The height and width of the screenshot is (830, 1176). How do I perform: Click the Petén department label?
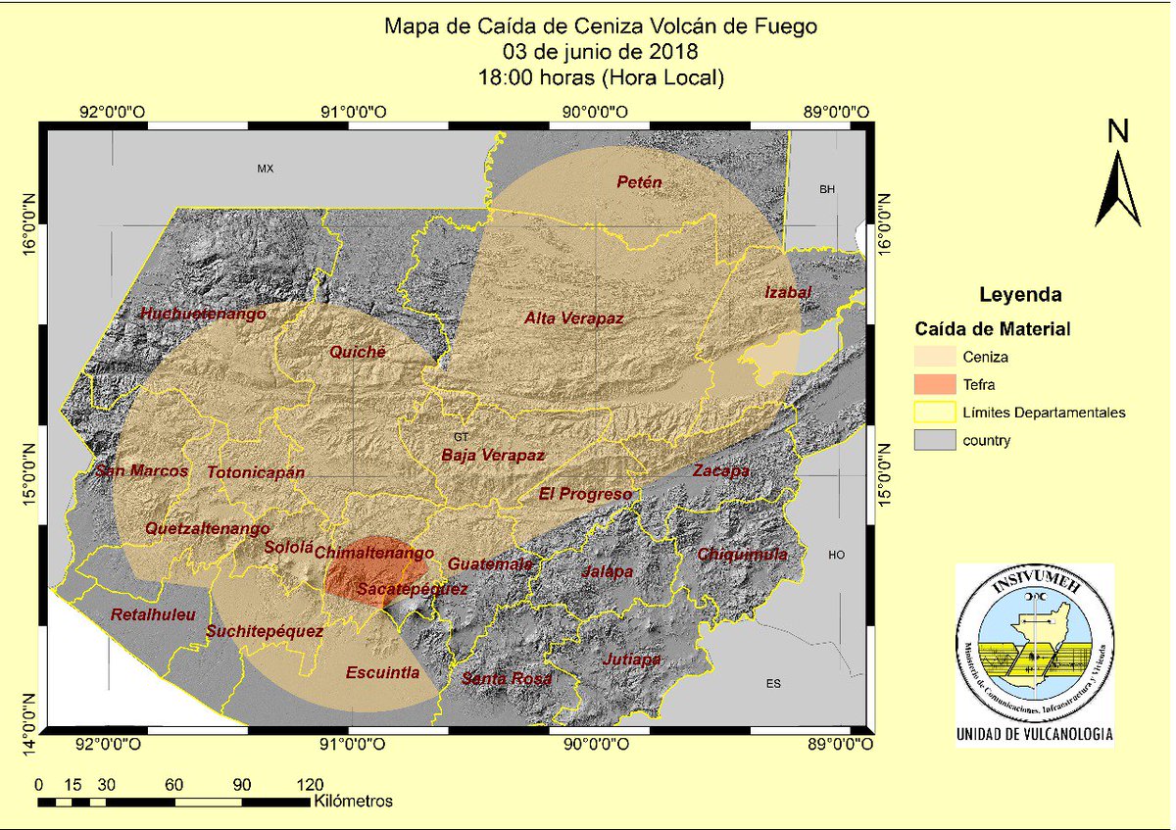639,182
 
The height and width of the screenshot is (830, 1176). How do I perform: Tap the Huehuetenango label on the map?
204,314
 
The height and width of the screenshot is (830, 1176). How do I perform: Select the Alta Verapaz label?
573,317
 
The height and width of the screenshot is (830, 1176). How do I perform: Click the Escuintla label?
382,672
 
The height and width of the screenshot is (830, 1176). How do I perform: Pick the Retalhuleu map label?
154,614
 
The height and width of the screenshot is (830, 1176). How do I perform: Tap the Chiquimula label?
742,555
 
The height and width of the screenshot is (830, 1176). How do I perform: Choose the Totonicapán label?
256,472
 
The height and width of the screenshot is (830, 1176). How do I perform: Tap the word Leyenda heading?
1020,294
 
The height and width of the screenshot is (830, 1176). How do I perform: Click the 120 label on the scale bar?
310,784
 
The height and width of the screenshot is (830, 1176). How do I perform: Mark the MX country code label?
265,169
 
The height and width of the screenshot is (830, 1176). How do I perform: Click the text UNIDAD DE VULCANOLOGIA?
1035,733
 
